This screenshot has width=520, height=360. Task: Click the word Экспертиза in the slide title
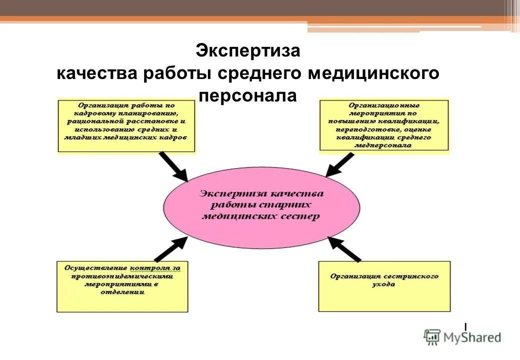[x=247, y=51]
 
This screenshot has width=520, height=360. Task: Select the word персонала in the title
[x=247, y=95]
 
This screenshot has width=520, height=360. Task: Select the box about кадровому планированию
[x=126, y=125]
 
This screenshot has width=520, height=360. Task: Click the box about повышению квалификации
[x=383, y=125]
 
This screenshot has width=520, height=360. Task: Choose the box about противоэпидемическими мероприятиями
[x=122, y=286]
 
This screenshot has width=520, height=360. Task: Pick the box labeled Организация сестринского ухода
[x=384, y=286]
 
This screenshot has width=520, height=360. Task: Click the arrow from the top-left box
[x=173, y=167]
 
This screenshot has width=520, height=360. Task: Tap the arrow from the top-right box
[x=340, y=164]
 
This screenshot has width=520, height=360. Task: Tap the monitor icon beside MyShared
[x=432, y=337]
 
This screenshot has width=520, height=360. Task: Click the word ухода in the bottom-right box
[x=383, y=284]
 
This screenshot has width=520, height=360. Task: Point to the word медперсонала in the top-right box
[x=383, y=145]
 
